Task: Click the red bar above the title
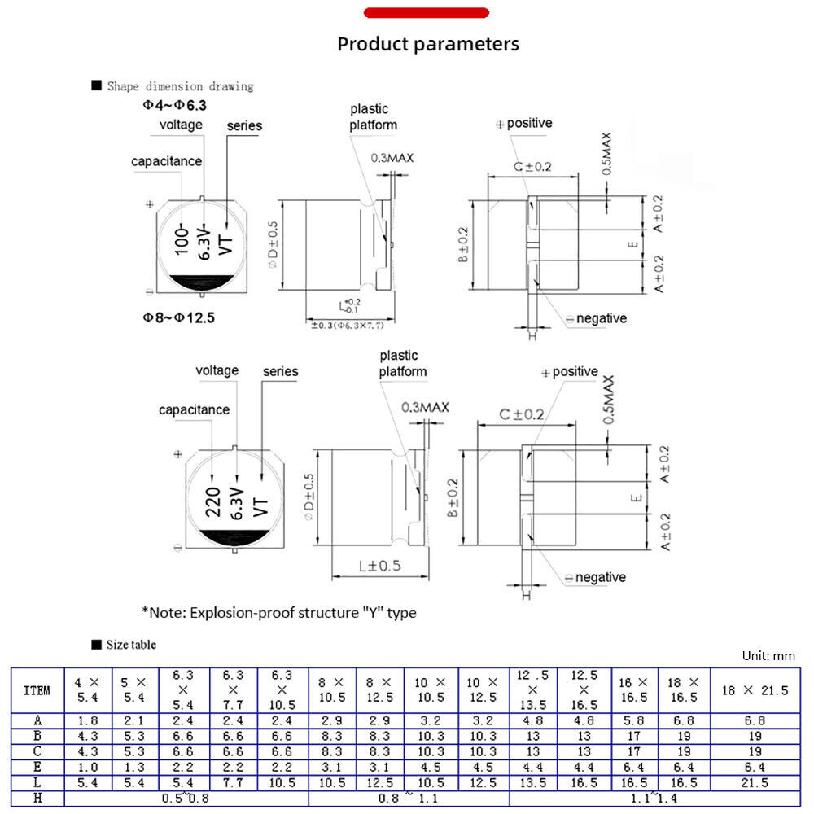coord(426,13)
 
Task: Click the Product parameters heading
coord(428,43)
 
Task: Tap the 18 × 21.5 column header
coord(756,690)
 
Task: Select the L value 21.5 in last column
coord(756,783)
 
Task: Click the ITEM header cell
coord(37,690)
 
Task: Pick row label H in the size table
coord(37,799)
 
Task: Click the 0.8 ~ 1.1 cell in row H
coord(409,799)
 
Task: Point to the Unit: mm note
coord(768,655)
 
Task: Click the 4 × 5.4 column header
coord(86,690)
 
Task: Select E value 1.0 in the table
coord(86,767)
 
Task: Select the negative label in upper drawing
coord(601,318)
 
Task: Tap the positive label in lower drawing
coord(575,372)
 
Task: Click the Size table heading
coord(130,645)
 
